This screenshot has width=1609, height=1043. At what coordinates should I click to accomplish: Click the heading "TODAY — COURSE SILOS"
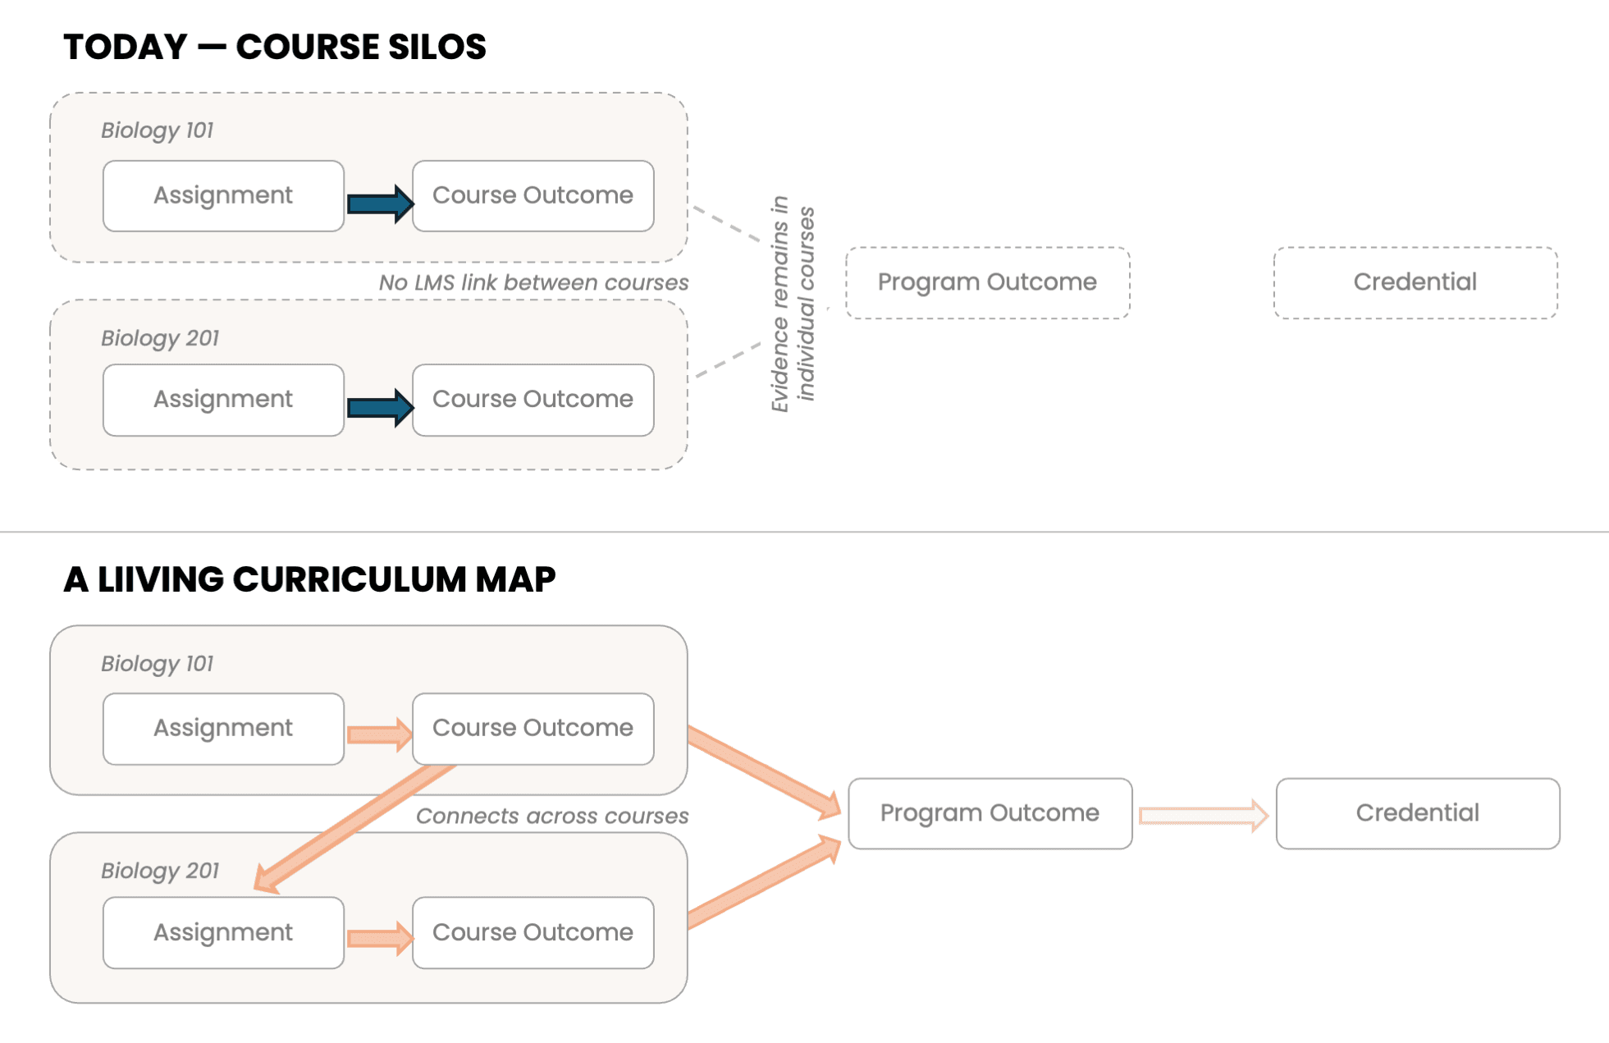point(275,47)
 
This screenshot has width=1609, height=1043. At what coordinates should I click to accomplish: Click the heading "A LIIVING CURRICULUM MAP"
point(309,579)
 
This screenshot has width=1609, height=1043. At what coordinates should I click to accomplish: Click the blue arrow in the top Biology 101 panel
point(380,203)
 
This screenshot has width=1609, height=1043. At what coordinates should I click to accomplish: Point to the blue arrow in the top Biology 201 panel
point(380,407)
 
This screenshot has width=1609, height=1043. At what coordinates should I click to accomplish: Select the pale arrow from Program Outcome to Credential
point(1204,816)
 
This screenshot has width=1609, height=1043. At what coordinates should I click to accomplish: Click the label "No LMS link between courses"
point(533,282)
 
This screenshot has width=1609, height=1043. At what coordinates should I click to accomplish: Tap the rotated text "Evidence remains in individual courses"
point(793,304)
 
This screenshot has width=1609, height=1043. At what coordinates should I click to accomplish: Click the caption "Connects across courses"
point(552,816)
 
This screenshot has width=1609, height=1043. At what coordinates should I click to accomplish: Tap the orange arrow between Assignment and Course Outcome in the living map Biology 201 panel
point(380,938)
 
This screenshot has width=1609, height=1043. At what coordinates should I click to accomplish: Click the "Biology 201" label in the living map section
point(160,871)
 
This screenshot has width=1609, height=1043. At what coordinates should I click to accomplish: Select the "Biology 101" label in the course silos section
point(158,130)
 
